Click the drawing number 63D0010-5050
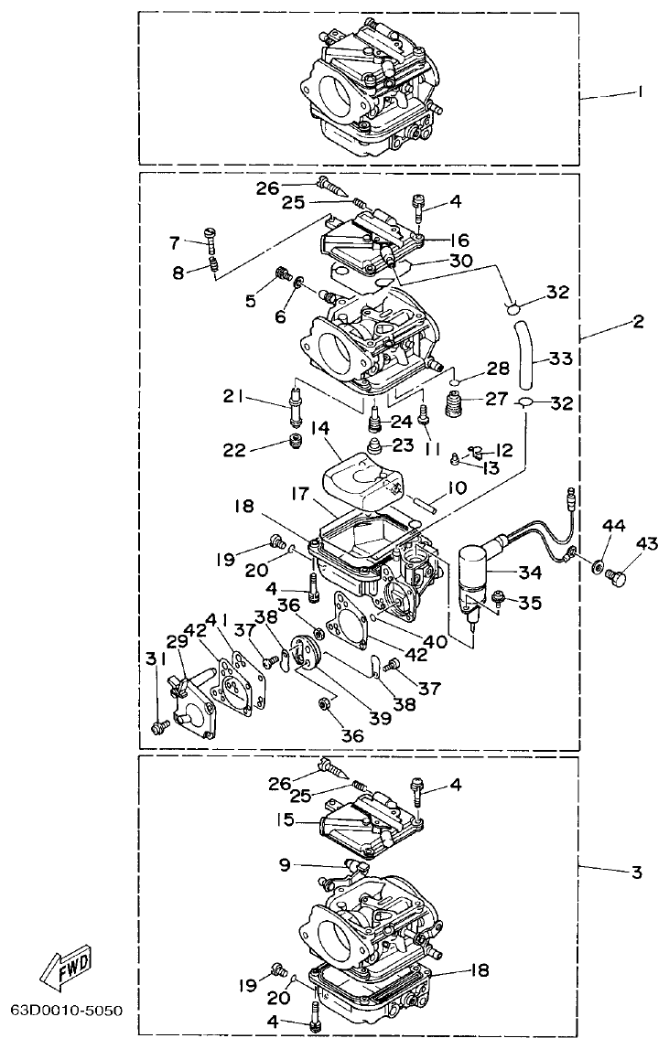66,1012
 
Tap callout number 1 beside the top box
641,92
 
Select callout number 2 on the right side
638,322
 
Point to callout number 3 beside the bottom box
637,872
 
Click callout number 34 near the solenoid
529,573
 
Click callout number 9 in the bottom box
286,862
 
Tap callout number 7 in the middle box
176,242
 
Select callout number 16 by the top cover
458,241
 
